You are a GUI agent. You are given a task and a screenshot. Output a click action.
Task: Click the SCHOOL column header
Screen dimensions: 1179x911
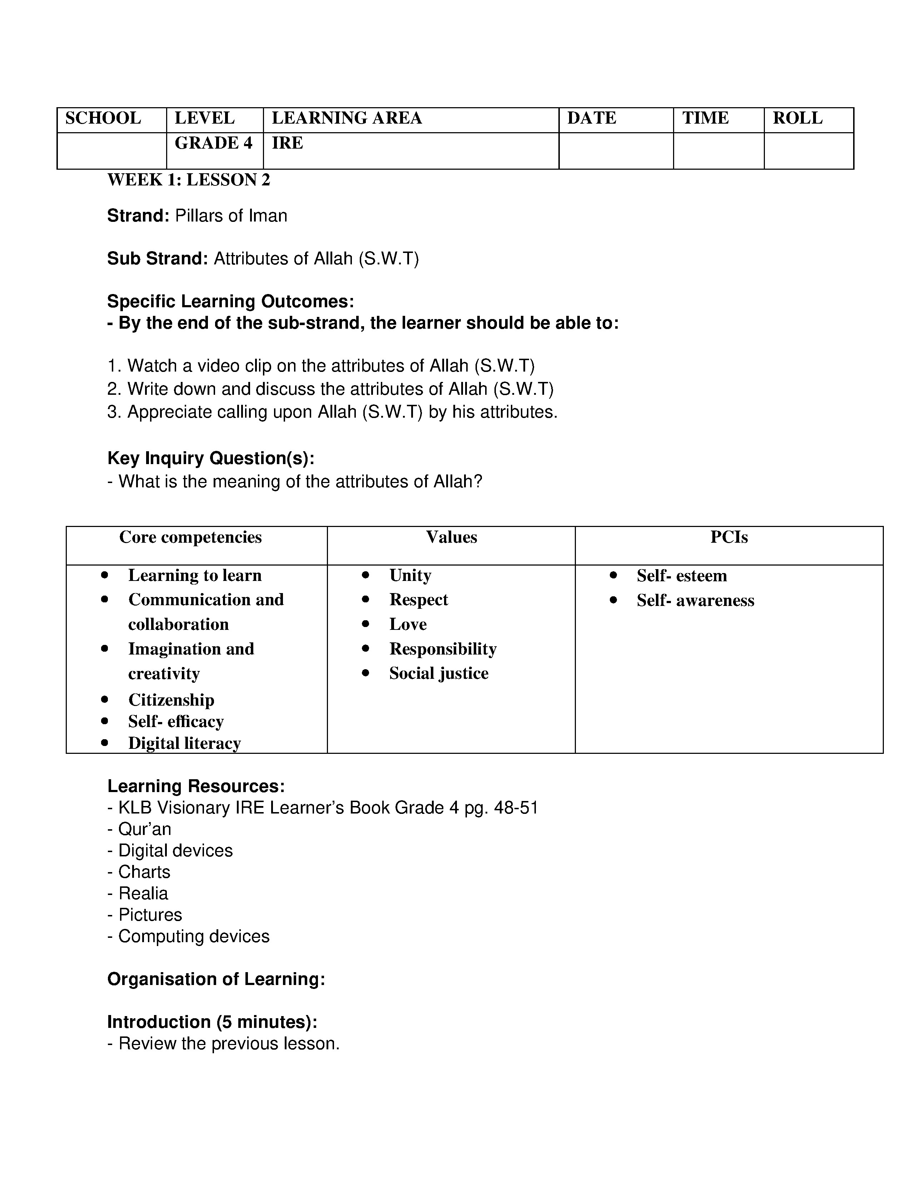[103, 118]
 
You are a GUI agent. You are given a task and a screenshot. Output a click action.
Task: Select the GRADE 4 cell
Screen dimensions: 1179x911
[213, 143]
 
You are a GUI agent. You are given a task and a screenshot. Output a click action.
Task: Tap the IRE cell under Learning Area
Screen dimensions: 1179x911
[287, 143]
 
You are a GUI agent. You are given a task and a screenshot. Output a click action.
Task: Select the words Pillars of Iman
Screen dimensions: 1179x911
[231, 216]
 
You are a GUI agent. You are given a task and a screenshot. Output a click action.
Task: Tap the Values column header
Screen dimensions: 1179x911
[451, 537]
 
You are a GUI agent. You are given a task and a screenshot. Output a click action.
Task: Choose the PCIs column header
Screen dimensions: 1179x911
[728, 537]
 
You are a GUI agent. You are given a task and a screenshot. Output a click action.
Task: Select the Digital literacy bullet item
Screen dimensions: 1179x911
[184, 743]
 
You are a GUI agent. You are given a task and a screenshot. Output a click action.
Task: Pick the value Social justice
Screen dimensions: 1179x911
[438, 673]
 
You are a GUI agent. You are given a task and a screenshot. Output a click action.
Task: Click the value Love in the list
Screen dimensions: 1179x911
[408, 624]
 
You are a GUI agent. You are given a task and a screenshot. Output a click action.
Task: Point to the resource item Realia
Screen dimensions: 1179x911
[143, 894]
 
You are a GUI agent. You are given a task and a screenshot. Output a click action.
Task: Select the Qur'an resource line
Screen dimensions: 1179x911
[144, 829]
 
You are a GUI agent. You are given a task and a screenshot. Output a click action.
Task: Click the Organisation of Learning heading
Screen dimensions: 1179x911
[216, 979]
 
